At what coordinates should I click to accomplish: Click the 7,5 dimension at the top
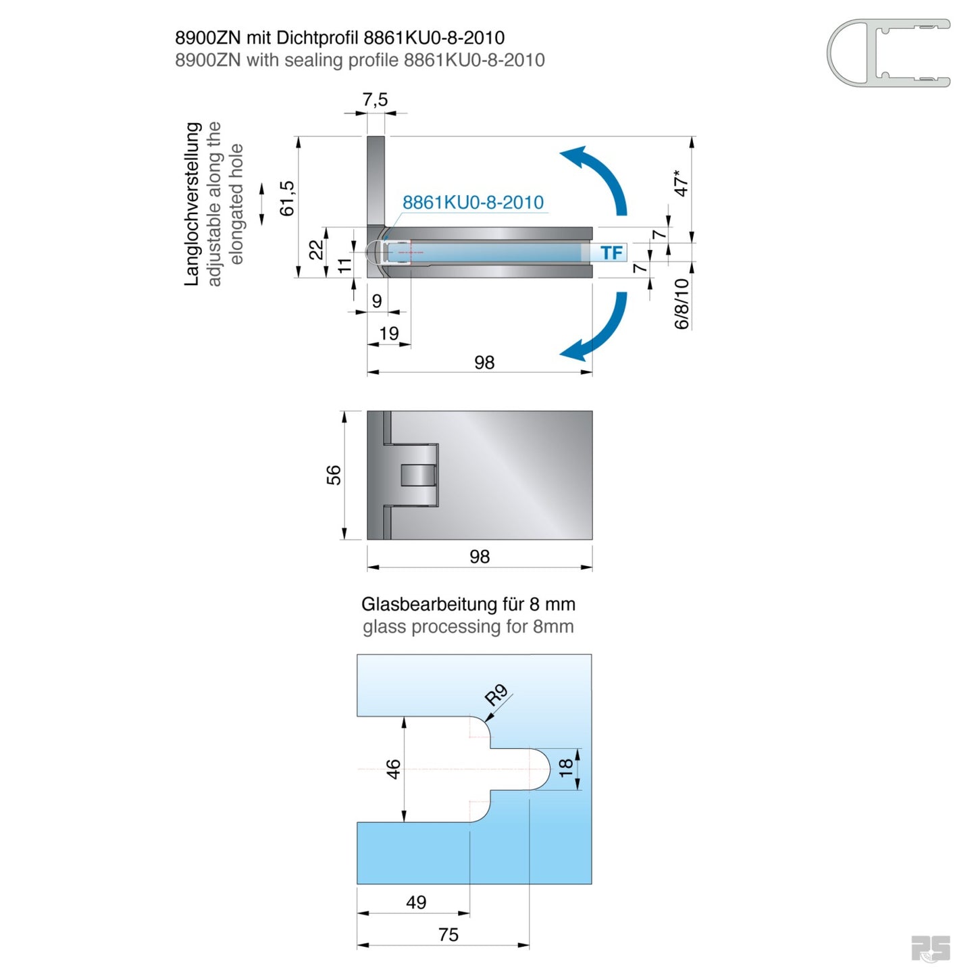tap(375, 100)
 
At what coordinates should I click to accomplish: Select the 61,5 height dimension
tap(287, 199)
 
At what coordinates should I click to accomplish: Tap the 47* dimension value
tap(682, 183)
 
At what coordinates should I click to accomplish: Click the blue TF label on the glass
tap(611, 253)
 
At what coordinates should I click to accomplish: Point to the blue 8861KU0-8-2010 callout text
tap(473, 202)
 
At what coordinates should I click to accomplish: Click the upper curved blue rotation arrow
tap(598, 176)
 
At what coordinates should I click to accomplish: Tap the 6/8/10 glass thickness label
tap(682, 304)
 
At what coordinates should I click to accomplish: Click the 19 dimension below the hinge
tap(389, 333)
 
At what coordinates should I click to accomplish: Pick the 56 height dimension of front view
tap(334, 475)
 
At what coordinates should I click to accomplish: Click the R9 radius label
tap(496, 694)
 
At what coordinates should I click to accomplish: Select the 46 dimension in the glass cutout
tap(393, 769)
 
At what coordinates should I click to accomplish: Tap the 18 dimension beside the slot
tap(566, 767)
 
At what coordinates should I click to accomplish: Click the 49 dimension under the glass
tap(416, 902)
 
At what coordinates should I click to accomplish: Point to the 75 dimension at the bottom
tap(448, 934)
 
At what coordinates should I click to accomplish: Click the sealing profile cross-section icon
tap(888, 53)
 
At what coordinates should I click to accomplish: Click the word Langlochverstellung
tap(192, 203)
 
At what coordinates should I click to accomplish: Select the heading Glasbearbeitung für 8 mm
tap(468, 604)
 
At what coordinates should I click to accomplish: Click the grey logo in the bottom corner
tap(930, 948)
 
